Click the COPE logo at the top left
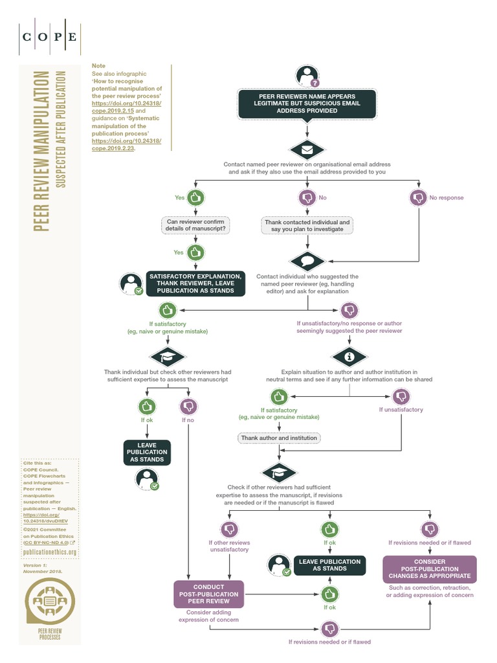[50, 37]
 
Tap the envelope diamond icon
[307, 150]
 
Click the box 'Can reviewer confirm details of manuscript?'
[195, 225]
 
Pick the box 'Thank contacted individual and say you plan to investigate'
[307, 225]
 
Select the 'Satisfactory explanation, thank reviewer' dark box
[196, 284]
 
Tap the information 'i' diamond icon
[349, 356]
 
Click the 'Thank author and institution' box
[279, 438]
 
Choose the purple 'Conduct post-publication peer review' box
[210, 593]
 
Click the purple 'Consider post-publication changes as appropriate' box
[430, 568]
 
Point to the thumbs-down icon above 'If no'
[188, 406]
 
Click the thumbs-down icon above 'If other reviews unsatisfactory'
[228, 529]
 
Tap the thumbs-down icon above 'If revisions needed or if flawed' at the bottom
[329, 629]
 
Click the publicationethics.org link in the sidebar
[50, 552]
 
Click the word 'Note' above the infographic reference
[98, 66]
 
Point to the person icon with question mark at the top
[307, 76]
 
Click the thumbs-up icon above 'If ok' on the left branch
[148, 406]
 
